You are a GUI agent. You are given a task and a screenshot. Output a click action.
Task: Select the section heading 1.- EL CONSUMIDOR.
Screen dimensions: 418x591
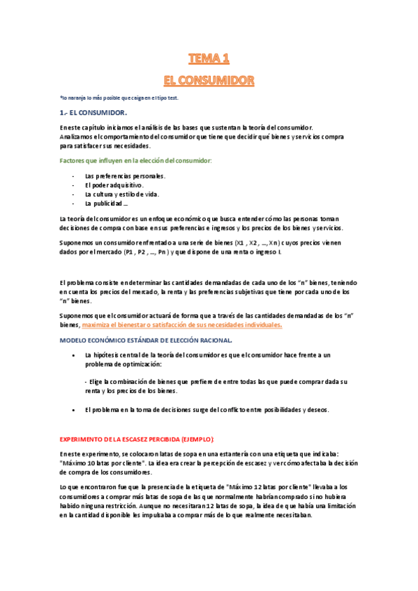click(x=94, y=112)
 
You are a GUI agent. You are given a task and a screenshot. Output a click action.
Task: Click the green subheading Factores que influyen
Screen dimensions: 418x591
click(x=136, y=161)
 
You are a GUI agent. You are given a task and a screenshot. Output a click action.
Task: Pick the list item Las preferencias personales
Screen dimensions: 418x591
click(x=125, y=176)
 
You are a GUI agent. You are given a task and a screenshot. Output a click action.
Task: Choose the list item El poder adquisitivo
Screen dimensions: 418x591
click(x=114, y=185)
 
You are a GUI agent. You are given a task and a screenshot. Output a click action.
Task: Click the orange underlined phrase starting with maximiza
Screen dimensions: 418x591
click(x=182, y=325)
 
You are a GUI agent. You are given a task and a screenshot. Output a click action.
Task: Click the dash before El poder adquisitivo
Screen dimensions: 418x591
click(x=74, y=185)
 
